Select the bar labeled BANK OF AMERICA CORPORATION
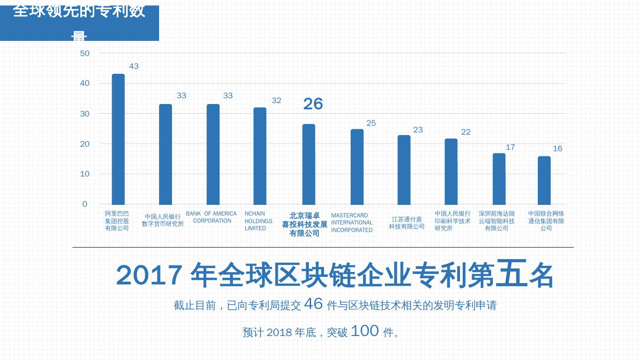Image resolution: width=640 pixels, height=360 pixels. coord(213,154)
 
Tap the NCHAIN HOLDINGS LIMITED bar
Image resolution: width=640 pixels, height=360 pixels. coord(260,156)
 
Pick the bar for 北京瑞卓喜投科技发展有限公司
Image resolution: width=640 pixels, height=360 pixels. coord(309,164)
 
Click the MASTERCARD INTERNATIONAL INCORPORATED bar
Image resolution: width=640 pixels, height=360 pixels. coord(357,167)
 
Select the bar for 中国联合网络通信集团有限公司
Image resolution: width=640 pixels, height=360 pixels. coord(544,180)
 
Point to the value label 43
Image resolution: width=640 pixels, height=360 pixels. coord(134,67)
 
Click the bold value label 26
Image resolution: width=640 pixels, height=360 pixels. coord(313,104)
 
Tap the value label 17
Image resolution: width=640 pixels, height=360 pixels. coord(510,147)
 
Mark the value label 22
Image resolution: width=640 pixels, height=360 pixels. coord(465,132)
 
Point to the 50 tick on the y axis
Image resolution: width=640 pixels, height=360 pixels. coord(85,53)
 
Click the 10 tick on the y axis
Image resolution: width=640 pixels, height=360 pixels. coord(85,174)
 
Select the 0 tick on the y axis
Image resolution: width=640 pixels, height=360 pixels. coord(85,204)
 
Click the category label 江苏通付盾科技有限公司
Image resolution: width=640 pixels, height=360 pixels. coord(407,223)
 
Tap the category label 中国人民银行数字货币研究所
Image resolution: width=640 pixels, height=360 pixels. coord(163,220)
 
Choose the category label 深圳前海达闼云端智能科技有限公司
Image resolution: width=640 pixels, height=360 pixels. coord(496,221)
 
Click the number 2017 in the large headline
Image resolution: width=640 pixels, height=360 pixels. coord(149,275)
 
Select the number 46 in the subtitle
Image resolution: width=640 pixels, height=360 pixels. coord(313,304)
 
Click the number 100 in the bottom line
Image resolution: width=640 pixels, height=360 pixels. coord(364,331)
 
